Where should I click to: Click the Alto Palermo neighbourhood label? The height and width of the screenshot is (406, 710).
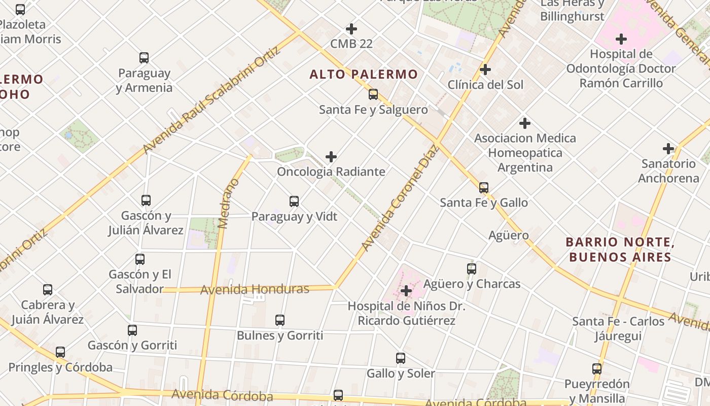(364, 75)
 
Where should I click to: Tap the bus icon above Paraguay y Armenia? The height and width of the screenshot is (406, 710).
(144, 58)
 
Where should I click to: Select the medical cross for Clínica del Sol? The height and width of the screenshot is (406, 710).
(485, 70)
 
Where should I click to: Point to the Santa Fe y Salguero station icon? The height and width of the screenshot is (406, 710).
(373, 94)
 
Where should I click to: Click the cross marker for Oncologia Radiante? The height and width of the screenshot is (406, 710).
(331, 157)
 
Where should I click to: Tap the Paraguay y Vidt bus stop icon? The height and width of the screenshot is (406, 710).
(294, 201)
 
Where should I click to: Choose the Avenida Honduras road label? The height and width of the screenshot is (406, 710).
(255, 289)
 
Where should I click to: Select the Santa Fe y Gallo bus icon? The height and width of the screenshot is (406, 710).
(484, 188)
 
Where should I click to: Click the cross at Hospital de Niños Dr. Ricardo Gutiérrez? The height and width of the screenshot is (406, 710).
(406, 291)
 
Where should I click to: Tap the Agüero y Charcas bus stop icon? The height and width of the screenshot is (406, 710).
(472, 269)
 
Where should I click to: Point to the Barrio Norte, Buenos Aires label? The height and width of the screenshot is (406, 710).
(620, 249)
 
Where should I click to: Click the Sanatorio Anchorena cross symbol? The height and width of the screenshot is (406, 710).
(668, 149)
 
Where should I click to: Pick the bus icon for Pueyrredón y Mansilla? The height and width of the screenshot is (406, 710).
(597, 369)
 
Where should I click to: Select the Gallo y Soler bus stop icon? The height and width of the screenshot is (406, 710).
(401, 358)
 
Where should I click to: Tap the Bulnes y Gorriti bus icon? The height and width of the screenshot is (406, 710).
(280, 320)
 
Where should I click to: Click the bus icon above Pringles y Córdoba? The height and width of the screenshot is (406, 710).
(60, 352)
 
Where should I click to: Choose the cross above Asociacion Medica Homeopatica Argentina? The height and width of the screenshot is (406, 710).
(525, 123)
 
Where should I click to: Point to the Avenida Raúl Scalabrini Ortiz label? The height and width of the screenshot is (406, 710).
(211, 100)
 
